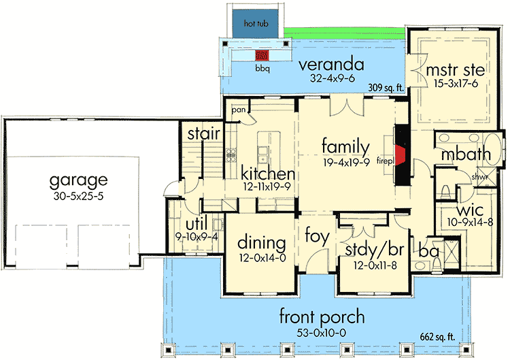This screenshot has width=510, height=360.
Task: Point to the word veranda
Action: tap(331, 65)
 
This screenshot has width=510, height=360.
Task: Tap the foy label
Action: tap(317, 238)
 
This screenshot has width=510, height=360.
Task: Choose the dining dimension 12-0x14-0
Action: tap(260, 258)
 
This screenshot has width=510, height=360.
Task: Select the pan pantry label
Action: tap(238, 109)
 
